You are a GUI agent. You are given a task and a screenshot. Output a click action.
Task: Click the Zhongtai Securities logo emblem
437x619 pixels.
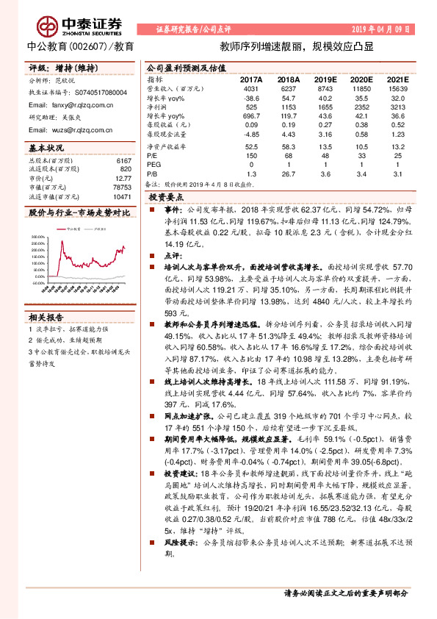point(49,26)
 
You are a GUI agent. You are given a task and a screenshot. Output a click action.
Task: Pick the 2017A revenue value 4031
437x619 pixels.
point(252,88)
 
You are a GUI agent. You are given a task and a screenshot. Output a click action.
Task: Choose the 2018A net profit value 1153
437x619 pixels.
point(287,107)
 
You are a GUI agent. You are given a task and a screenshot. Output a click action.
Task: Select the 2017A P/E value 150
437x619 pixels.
point(252,157)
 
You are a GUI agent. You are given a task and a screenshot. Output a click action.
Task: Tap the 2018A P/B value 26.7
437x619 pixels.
point(287,174)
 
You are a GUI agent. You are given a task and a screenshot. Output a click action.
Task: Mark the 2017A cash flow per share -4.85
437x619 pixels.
point(252,135)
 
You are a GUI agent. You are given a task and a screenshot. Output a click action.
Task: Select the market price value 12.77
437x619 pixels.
point(122,178)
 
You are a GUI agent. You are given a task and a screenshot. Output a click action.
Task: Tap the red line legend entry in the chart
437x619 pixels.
point(70,229)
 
